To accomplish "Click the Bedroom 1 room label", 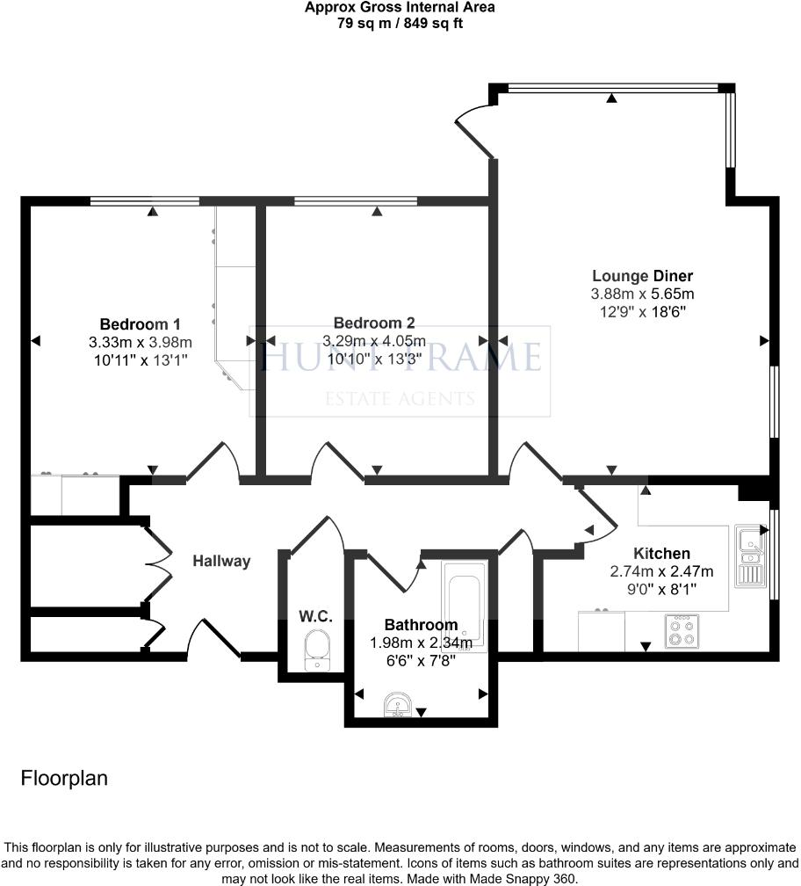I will tap(140, 323).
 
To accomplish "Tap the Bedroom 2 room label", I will tap(374, 323).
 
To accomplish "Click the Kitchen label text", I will tap(661, 554).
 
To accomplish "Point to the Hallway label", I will tap(222, 561).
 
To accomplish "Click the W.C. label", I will tap(314, 617).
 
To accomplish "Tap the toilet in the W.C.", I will tap(317, 651).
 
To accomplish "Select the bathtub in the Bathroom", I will tap(463, 603).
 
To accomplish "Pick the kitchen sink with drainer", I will tap(751, 557).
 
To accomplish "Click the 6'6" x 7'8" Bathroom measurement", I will tap(421, 660).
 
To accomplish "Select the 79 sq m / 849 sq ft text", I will tap(400, 24).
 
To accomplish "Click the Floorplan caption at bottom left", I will tap(64, 779).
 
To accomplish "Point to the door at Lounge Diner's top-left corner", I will tap(475, 132).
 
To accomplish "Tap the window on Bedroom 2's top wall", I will tap(356, 202).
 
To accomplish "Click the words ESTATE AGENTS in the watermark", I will tap(400, 399).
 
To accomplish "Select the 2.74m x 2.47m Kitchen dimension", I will tap(661, 571).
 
